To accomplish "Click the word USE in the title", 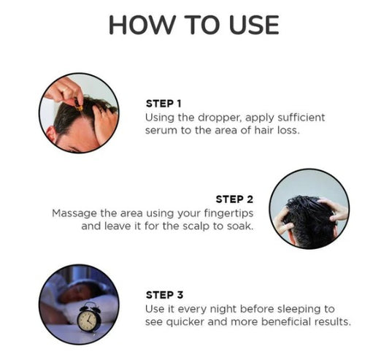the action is [x=254, y=25].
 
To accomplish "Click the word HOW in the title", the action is [x=141, y=25].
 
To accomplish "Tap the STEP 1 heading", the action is [x=163, y=104].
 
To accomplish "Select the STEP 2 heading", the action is [x=234, y=199].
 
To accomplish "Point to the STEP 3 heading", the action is [x=164, y=295].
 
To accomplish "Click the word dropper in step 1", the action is [x=219, y=118].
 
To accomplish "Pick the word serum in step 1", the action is [x=161, y=131].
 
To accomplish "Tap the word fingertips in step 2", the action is [x=228, y=214].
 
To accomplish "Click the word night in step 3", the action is [x=223, y=310].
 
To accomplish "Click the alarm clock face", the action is [x=87, y=321].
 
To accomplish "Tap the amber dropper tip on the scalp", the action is [x=80, y=108].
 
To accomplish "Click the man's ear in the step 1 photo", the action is [x=51, y=134].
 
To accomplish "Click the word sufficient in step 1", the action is [x=301, y=118].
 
